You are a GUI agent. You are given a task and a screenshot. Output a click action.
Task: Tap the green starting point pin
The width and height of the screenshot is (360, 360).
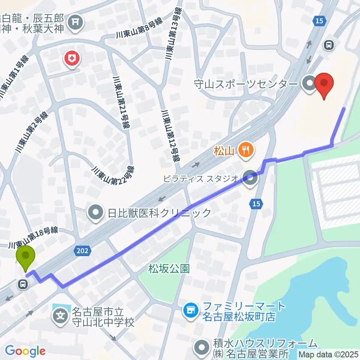(x=25, y=257)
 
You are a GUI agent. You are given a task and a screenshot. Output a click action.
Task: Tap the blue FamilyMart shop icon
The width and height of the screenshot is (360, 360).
(x=190, y=310)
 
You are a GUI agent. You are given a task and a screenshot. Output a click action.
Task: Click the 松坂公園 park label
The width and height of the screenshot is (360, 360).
(x=169, y=268)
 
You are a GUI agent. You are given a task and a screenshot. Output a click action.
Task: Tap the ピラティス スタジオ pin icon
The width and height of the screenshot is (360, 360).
(x=250, y=177)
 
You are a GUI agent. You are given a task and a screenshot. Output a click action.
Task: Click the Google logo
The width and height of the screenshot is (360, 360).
(x=25, y=351)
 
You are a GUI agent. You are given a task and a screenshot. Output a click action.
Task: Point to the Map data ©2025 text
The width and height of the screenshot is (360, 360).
(x=328, y=354)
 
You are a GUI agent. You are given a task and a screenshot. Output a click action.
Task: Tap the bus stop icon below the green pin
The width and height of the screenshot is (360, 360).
(x=23, y=285)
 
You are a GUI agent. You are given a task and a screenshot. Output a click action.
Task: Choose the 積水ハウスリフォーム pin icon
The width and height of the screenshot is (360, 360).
(x=202, y=348)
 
